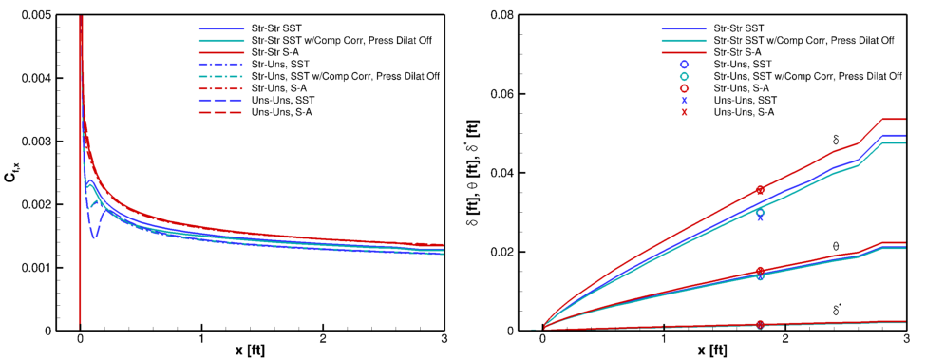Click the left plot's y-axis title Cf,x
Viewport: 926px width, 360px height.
point(12,174)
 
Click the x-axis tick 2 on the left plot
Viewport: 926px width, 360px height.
point(323,339)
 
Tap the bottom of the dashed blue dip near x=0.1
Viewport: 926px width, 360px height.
point(94,237)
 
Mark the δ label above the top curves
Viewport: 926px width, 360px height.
point(835,140)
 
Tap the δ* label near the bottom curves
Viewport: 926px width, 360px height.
point(837,310)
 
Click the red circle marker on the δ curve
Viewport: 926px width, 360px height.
point(760,190)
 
